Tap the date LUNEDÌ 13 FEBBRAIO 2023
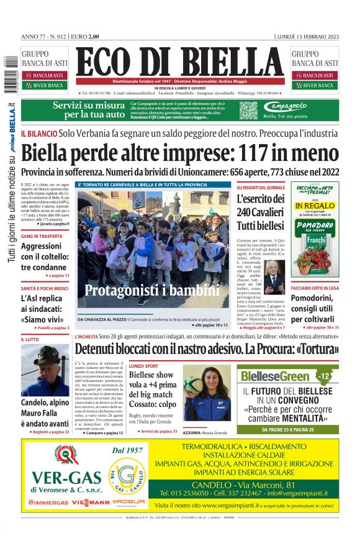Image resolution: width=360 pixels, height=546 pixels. (308, 36)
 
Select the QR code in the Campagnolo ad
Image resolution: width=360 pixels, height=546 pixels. (248, 110)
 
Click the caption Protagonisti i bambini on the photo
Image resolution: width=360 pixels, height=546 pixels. (152, 291)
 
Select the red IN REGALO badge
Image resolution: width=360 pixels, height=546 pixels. (315, 206)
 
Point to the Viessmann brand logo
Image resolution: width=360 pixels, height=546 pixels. (89, 502)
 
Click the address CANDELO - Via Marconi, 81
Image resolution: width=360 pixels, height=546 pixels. (251, 484)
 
